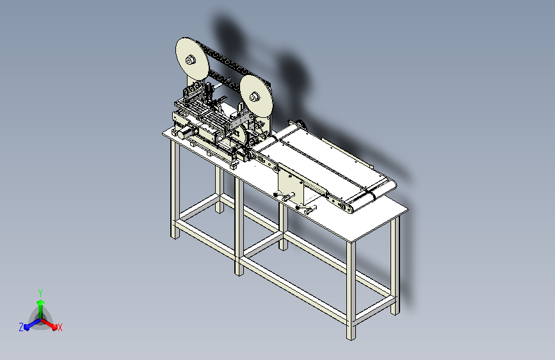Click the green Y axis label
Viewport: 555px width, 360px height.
40,293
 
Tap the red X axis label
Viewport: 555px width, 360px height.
60,328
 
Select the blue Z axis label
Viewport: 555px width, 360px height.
21,327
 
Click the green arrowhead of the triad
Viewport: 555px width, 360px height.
41,302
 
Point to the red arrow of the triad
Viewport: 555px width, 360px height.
49,324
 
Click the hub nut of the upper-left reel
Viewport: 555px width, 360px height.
190,60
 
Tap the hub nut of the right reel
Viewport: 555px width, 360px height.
254,96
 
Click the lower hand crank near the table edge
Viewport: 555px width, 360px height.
307,209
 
